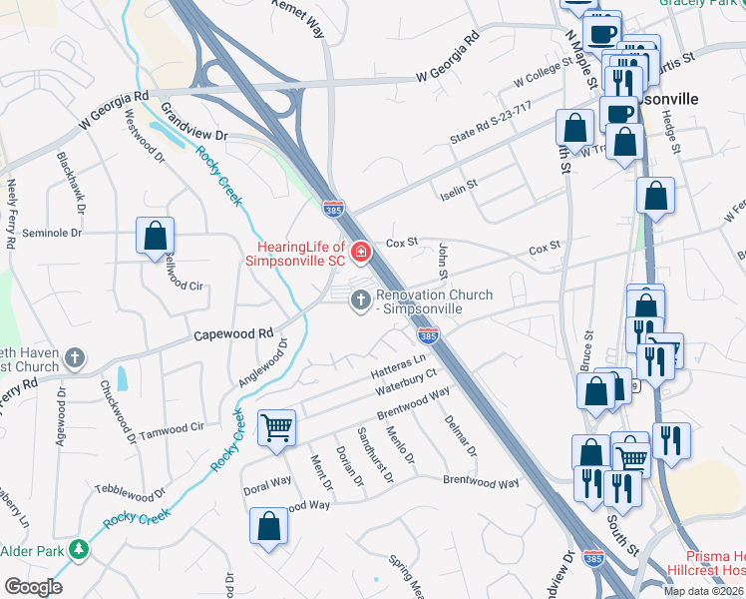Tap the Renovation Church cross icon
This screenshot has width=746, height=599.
(x=360, y=299)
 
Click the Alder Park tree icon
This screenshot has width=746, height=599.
(x=77, y=550)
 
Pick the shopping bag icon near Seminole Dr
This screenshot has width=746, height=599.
(x=156, y=237)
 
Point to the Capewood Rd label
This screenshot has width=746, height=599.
(x=233, y=333)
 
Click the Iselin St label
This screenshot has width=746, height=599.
(x=460, y=185)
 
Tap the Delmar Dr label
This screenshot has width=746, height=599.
(x=461, y=436)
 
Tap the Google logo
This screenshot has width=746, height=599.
(x=33, y=587)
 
